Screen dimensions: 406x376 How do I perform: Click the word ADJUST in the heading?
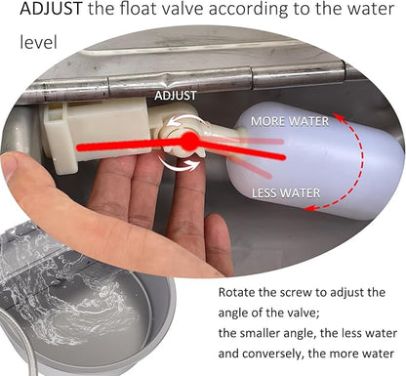click(51, 9)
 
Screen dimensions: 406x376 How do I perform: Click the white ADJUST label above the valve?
click(176, 96)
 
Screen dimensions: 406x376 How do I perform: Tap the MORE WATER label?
click(290, 121)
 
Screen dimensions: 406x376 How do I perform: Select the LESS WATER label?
click(286, 193)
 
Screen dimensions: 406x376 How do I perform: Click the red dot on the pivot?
click(188, 142)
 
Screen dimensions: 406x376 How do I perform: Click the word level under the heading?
click(38, 42)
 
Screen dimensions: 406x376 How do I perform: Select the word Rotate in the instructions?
click(237, 292)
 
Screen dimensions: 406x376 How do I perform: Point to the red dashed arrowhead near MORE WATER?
click(340, 116)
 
